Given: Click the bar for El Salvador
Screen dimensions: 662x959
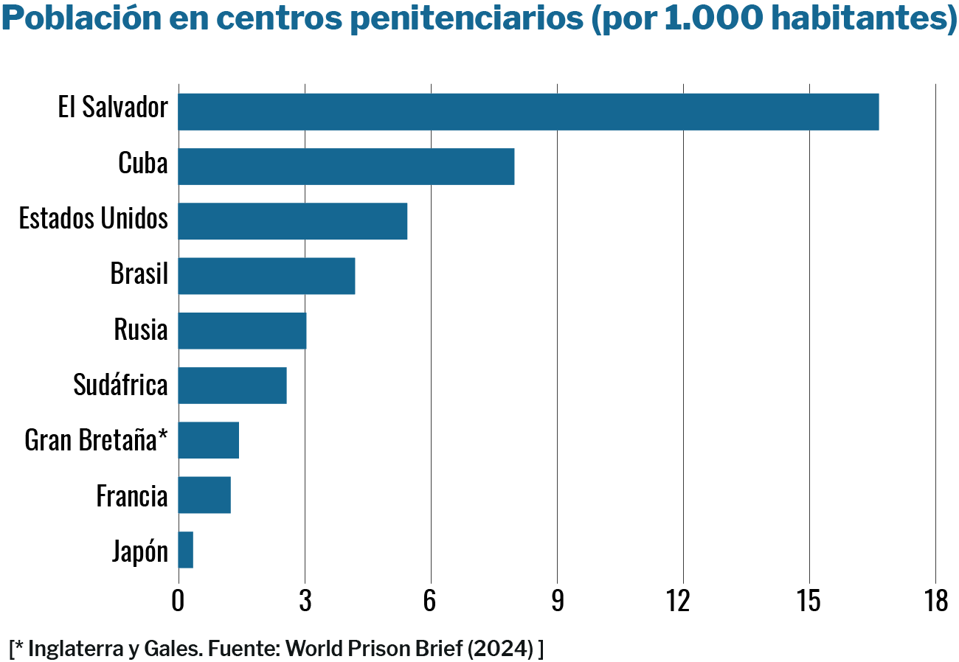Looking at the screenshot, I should pyautogui.click(x=528, y=112).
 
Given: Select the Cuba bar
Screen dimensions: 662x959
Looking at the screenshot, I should pyautogui.click(x=346, y=167).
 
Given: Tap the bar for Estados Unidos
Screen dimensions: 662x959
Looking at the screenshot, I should pyautogui.click(x=292, y=221).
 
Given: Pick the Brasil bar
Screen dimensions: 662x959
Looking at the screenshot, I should pyautogui.click(x=266, y=276).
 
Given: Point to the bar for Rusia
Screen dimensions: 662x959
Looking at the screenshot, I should pyautogui.click(x=242, y=330).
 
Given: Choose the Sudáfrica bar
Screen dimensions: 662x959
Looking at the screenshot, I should pyautogui.click(x=232, y=385).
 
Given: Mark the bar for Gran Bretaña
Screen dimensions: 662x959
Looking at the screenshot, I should pyautogui.click(x=208, y=440).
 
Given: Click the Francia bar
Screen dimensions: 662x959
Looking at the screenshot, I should pyautogui.click(x=204, y=495).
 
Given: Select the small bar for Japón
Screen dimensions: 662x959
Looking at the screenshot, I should pyautogui.click(x=186, y=550).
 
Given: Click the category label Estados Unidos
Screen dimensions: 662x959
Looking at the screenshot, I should pyautogui.click(x=94, y=218).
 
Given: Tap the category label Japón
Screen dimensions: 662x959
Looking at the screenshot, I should pyautogui.click(x=140, y=551).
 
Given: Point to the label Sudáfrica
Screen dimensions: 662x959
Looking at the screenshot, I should pyautogui.click(x=120, y=384).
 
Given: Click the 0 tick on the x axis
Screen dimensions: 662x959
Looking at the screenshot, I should pyautogui.click(x=178, y=602).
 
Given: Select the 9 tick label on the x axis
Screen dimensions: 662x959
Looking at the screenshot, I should pyautogui.click(x=557, y=602).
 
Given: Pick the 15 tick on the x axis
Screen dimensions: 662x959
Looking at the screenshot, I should pyautogui.click(x=809, y=602).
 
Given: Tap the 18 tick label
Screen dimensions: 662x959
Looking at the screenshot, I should pyautogui.click(x=935, y=602).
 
